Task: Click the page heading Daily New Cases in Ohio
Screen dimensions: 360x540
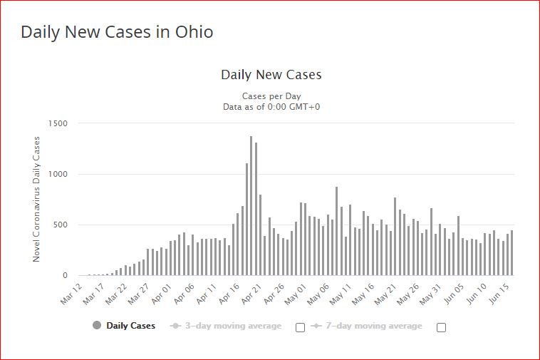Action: tap(117, 32)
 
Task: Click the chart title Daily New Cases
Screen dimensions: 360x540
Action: tap(271, 74)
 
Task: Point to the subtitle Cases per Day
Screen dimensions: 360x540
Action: tap(271, 96)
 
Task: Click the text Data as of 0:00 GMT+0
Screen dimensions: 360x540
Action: tap(271, 107)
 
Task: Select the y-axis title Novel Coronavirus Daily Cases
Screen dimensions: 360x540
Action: tap(37, 199)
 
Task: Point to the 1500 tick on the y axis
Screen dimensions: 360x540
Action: tap(58, 123)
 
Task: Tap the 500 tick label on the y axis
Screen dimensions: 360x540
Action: tap(61, 225)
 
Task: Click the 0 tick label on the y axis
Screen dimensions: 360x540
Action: tap(65, 275)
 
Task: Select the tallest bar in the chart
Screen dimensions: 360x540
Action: tap(251, 205)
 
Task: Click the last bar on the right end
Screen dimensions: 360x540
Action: tap(512, 253)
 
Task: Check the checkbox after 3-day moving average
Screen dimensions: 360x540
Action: tap(300, 327)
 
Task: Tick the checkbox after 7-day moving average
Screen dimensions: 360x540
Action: tap(441, 327)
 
